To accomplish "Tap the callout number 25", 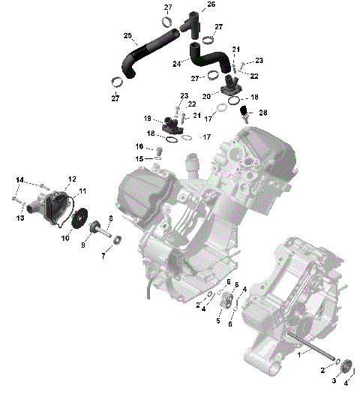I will (x=127, y=37).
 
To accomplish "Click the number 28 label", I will (x=262, y=113).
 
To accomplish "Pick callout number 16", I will (x=139, y=146).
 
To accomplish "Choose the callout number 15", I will (x=139, y=158).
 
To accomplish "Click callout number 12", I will (x=72, y=179).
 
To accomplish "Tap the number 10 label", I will (x=64, y=238).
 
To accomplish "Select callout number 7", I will (x=103, y=256).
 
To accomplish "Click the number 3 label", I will (x=334, y=381).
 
